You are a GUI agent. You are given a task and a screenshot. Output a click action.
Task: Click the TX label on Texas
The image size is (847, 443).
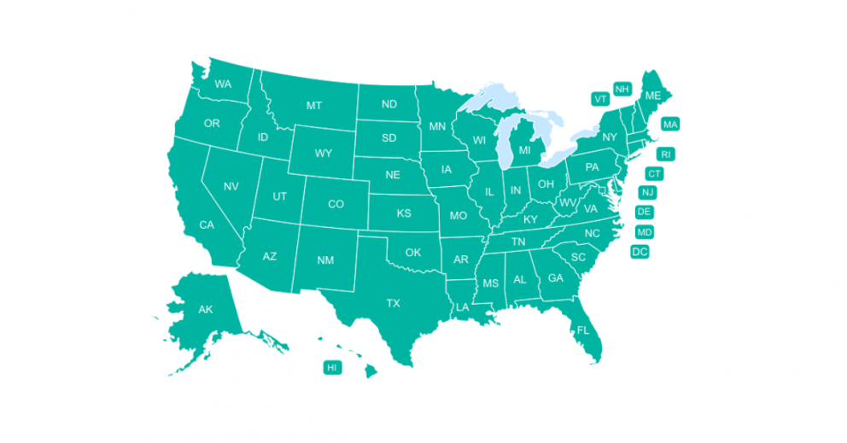393,303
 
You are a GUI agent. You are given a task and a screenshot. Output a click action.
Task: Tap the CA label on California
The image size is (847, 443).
207,225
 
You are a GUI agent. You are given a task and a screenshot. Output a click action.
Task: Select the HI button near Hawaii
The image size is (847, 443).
332,367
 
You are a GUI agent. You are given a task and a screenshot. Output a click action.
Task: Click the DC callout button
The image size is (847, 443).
640,252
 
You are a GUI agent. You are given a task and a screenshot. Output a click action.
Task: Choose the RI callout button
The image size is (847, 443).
666,154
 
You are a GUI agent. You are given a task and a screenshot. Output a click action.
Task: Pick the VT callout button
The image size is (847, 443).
600,99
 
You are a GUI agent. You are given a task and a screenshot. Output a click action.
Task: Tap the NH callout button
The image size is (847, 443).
622,90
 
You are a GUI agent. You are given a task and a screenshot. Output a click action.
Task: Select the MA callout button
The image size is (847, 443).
670,125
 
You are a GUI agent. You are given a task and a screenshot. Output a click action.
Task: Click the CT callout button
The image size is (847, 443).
654,174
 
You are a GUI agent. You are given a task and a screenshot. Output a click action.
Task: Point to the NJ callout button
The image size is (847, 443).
648,193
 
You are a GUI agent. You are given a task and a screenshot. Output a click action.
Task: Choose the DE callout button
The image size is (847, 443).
645,212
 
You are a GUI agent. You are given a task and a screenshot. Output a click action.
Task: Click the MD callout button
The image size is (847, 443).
645,232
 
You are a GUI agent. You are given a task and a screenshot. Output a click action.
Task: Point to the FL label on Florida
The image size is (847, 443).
583,329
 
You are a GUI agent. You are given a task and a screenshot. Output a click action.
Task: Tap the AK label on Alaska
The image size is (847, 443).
205,309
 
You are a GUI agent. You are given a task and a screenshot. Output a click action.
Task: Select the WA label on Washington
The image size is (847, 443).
223,84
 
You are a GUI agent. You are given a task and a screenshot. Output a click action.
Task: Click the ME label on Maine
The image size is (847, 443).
652,96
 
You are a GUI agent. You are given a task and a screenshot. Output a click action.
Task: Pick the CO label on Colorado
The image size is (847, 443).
336,204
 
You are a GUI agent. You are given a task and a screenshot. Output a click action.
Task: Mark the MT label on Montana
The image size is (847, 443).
313,105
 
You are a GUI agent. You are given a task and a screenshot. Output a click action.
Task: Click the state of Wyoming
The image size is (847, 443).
323,154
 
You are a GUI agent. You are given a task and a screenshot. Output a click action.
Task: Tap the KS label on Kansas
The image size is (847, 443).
403,213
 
